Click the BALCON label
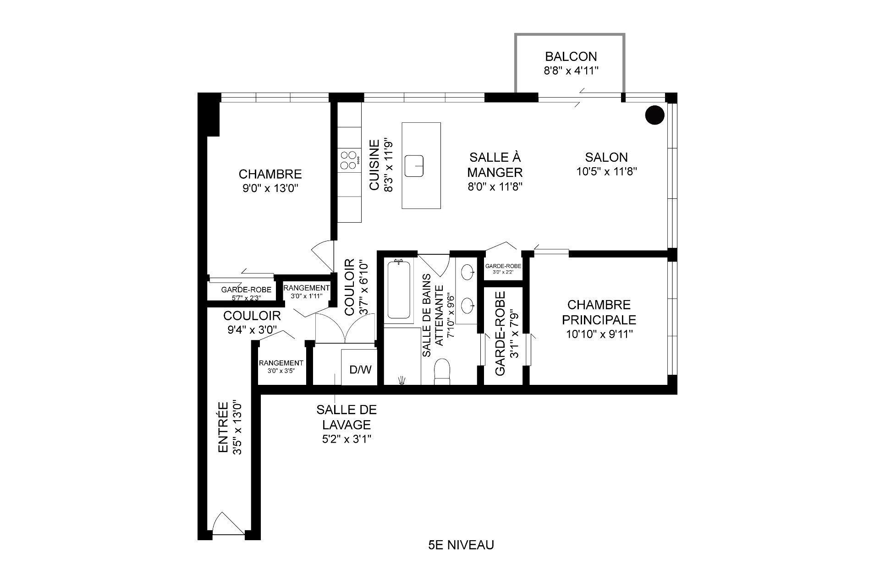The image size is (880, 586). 571,57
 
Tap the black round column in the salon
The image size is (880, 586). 654,115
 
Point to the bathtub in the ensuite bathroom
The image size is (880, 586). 398,290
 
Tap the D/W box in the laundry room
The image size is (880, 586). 360,369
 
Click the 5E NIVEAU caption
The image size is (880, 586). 461,545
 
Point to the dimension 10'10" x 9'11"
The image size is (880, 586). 599,334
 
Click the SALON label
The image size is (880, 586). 606,157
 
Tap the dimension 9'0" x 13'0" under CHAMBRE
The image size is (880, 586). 270,188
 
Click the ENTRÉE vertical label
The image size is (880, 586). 223,427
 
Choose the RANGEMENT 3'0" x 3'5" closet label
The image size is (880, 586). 281,366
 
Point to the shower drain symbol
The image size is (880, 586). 402,379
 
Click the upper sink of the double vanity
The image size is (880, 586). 468,272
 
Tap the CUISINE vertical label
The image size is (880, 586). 374,165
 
